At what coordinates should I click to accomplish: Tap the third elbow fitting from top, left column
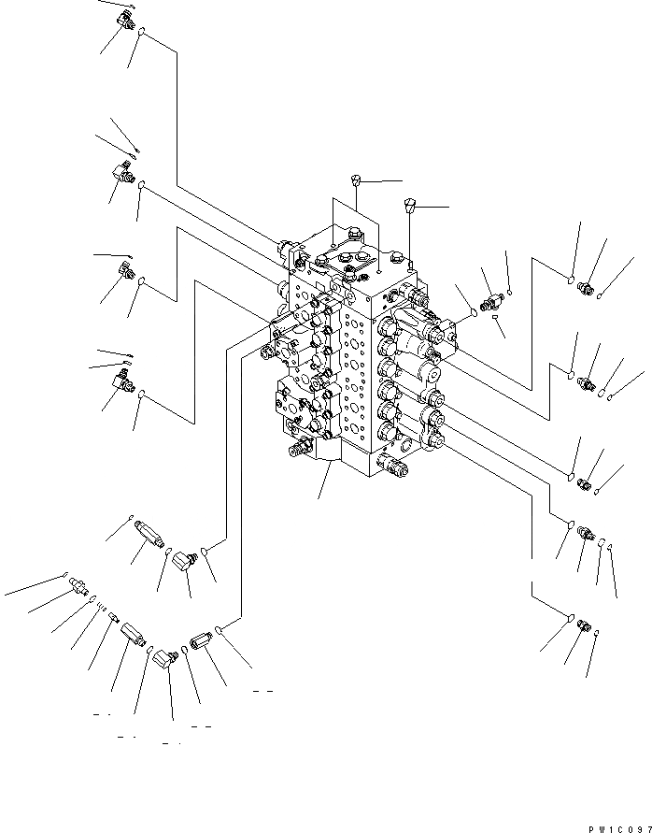click(x=124, y=271)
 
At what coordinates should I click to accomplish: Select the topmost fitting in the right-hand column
click(x=587, y=286)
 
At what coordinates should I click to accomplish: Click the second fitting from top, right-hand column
click(x=587, y=382)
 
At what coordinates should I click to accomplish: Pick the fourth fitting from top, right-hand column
click(x=585, y=534)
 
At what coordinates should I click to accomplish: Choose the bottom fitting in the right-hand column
click(x=583, y=625)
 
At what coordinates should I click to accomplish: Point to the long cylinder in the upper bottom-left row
click(x=149, y=536)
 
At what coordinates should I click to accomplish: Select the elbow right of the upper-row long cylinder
click(x=187, y=561)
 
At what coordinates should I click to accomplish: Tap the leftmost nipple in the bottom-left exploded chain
click(x=79, y=586)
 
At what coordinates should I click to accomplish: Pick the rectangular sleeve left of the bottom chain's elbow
click(x=133, y=639)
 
